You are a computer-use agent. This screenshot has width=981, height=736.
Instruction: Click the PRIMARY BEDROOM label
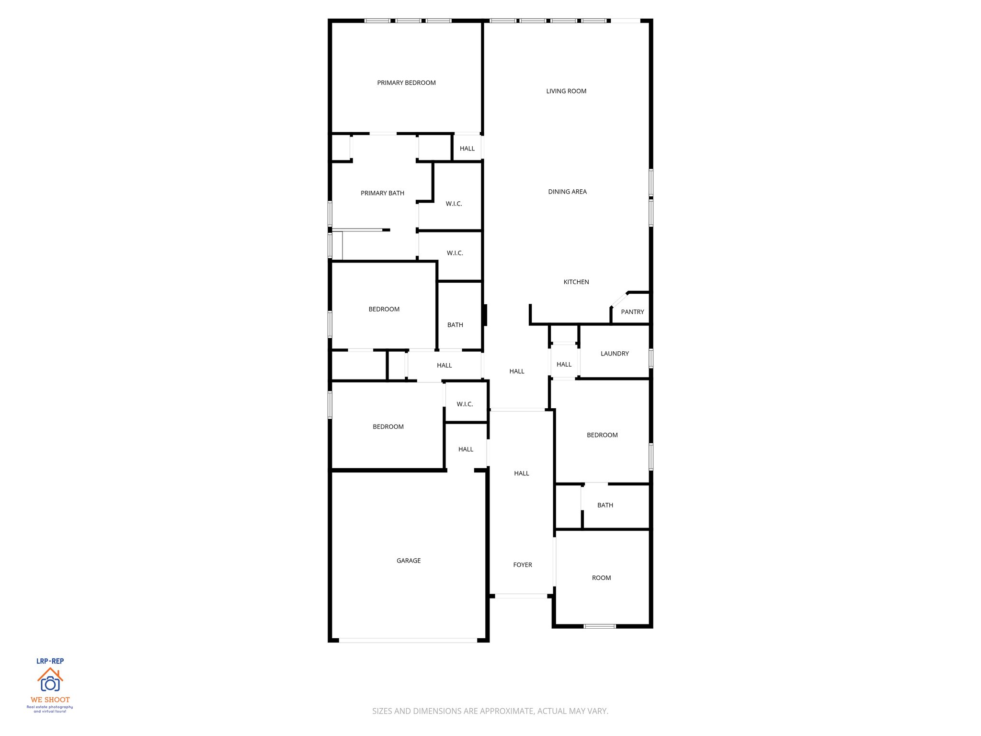coord(406,83)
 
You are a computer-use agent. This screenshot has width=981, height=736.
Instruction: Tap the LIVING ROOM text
coord(566,91)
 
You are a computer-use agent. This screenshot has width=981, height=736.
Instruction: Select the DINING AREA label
coord(567,192)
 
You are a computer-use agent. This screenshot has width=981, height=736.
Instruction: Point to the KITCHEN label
coord(576,282)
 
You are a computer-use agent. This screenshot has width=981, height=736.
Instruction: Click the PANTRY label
coord(632,312)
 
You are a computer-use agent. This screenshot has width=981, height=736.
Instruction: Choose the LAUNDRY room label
coord(615,354)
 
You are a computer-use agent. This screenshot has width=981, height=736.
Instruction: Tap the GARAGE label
coord(409,561)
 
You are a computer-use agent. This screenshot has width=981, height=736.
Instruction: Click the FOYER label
coord(523,565)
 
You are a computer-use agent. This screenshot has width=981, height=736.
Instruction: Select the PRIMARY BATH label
coord(382,193)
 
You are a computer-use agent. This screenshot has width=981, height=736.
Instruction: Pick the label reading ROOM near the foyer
coord(601,578)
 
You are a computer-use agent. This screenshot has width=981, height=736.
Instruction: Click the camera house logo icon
coord(50,680)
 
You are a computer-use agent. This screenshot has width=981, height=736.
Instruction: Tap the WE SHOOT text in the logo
coord(50,700)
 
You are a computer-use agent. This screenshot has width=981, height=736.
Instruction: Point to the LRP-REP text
coord(50,661)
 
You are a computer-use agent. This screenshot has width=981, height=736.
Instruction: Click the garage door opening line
coord(408,640)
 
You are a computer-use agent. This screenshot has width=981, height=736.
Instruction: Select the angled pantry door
coord(619,299)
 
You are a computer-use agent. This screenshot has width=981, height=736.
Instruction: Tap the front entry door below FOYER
coord(521,596)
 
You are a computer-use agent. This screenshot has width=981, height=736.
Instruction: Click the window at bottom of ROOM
coord(600,626)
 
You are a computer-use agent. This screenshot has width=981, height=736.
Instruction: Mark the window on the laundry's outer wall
coord(651,358)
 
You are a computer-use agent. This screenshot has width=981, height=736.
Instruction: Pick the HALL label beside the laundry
coord(564,365)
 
